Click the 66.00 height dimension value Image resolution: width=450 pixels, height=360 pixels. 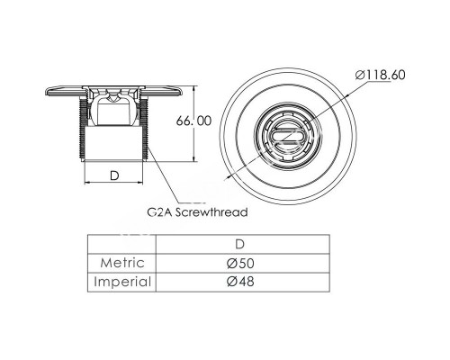(193, 121)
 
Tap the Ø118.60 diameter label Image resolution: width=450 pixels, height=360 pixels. (381, 75)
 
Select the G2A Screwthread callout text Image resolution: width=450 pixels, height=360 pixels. (197, 212)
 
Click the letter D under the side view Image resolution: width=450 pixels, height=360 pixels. (114, 175)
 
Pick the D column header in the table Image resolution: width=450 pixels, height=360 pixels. (240, 244)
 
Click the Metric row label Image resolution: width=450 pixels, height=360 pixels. (122, 263)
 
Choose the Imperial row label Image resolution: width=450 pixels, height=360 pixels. (122, 282)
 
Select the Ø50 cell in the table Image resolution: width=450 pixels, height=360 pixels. (240, 263)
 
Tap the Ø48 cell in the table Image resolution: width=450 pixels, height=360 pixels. (240, 282)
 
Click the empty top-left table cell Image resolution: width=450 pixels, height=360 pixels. (121, 244)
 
